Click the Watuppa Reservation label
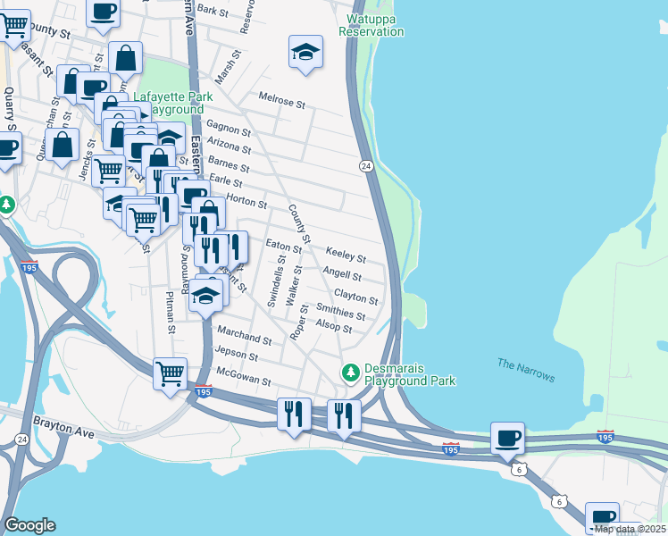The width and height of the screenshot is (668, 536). (x=371, y=25)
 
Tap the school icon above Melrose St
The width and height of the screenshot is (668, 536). (x=305, y=52)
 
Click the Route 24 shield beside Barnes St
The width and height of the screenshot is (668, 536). (x=366, y=166)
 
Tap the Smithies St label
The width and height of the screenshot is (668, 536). (x=341, y=313)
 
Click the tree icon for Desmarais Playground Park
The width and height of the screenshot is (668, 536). (x=352, y=370)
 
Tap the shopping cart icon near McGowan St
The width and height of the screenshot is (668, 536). (x=170, y=373)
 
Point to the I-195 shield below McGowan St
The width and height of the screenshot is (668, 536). (x=205, y=390)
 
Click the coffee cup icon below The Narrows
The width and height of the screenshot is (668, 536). (x=507, y=438)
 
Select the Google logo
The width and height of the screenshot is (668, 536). (x=29, y=524)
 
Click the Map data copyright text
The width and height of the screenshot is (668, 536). (x=630, y=529)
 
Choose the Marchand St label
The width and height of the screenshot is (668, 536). (x=242, y=338)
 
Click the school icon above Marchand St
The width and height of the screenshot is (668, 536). (x=206, y=296)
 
